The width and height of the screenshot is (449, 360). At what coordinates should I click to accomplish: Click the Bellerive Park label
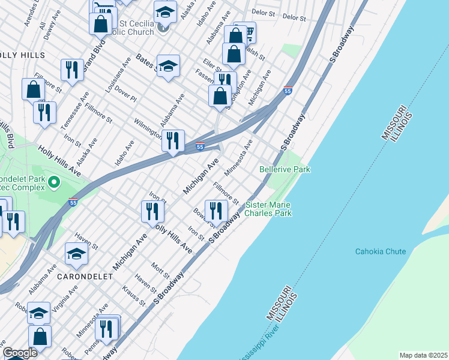coord(285,170)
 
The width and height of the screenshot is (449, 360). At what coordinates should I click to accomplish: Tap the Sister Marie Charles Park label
coord(268,209)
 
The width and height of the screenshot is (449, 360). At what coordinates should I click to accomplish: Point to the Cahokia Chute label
coord(380,251)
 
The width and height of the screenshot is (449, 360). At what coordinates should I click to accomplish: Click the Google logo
coord(20,353)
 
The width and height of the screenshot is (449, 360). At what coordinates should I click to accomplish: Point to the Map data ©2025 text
coord(423,355)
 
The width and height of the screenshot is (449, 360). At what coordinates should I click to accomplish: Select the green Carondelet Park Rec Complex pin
coord(53,181)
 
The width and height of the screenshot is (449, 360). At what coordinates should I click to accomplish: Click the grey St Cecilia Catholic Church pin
coord(162,28)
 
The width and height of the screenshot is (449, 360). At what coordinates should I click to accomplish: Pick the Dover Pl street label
coord(125,93)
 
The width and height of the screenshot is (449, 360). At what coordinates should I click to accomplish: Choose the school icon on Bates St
coord(169,65)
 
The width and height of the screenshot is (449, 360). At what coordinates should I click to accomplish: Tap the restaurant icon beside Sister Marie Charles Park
coord(215,210)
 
